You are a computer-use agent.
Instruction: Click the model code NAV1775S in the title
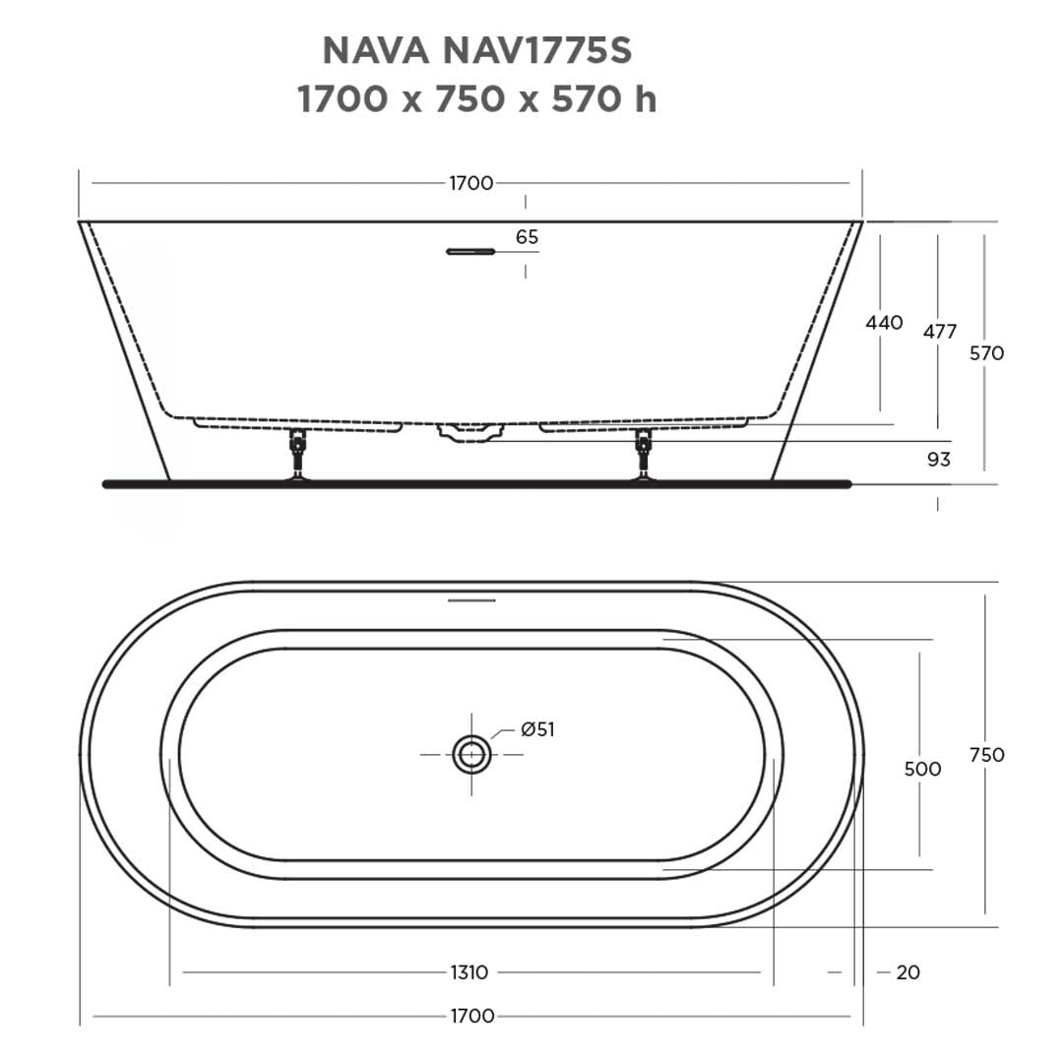point(547,50)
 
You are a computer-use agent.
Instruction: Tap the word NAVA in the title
point(375,50)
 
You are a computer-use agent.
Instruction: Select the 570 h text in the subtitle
point(603,99)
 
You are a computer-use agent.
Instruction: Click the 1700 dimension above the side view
point(470,183)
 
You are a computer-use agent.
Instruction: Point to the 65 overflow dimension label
point(527,237)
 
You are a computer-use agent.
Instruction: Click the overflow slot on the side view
point(469,252)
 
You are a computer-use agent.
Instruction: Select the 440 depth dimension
point(883,323)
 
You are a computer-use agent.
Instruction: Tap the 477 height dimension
point(939,332)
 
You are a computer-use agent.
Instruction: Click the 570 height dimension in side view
point(986,353)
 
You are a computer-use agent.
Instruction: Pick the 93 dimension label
point(938,460)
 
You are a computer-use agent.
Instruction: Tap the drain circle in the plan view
point(471,755)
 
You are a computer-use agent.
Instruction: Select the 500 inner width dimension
point(922,769)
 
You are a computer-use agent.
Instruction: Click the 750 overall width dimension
point(986,755)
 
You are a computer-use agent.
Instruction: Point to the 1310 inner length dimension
point(469,972)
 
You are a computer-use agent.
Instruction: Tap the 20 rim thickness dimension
point(907,972)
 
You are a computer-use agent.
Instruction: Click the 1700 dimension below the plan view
point(470,1016)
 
